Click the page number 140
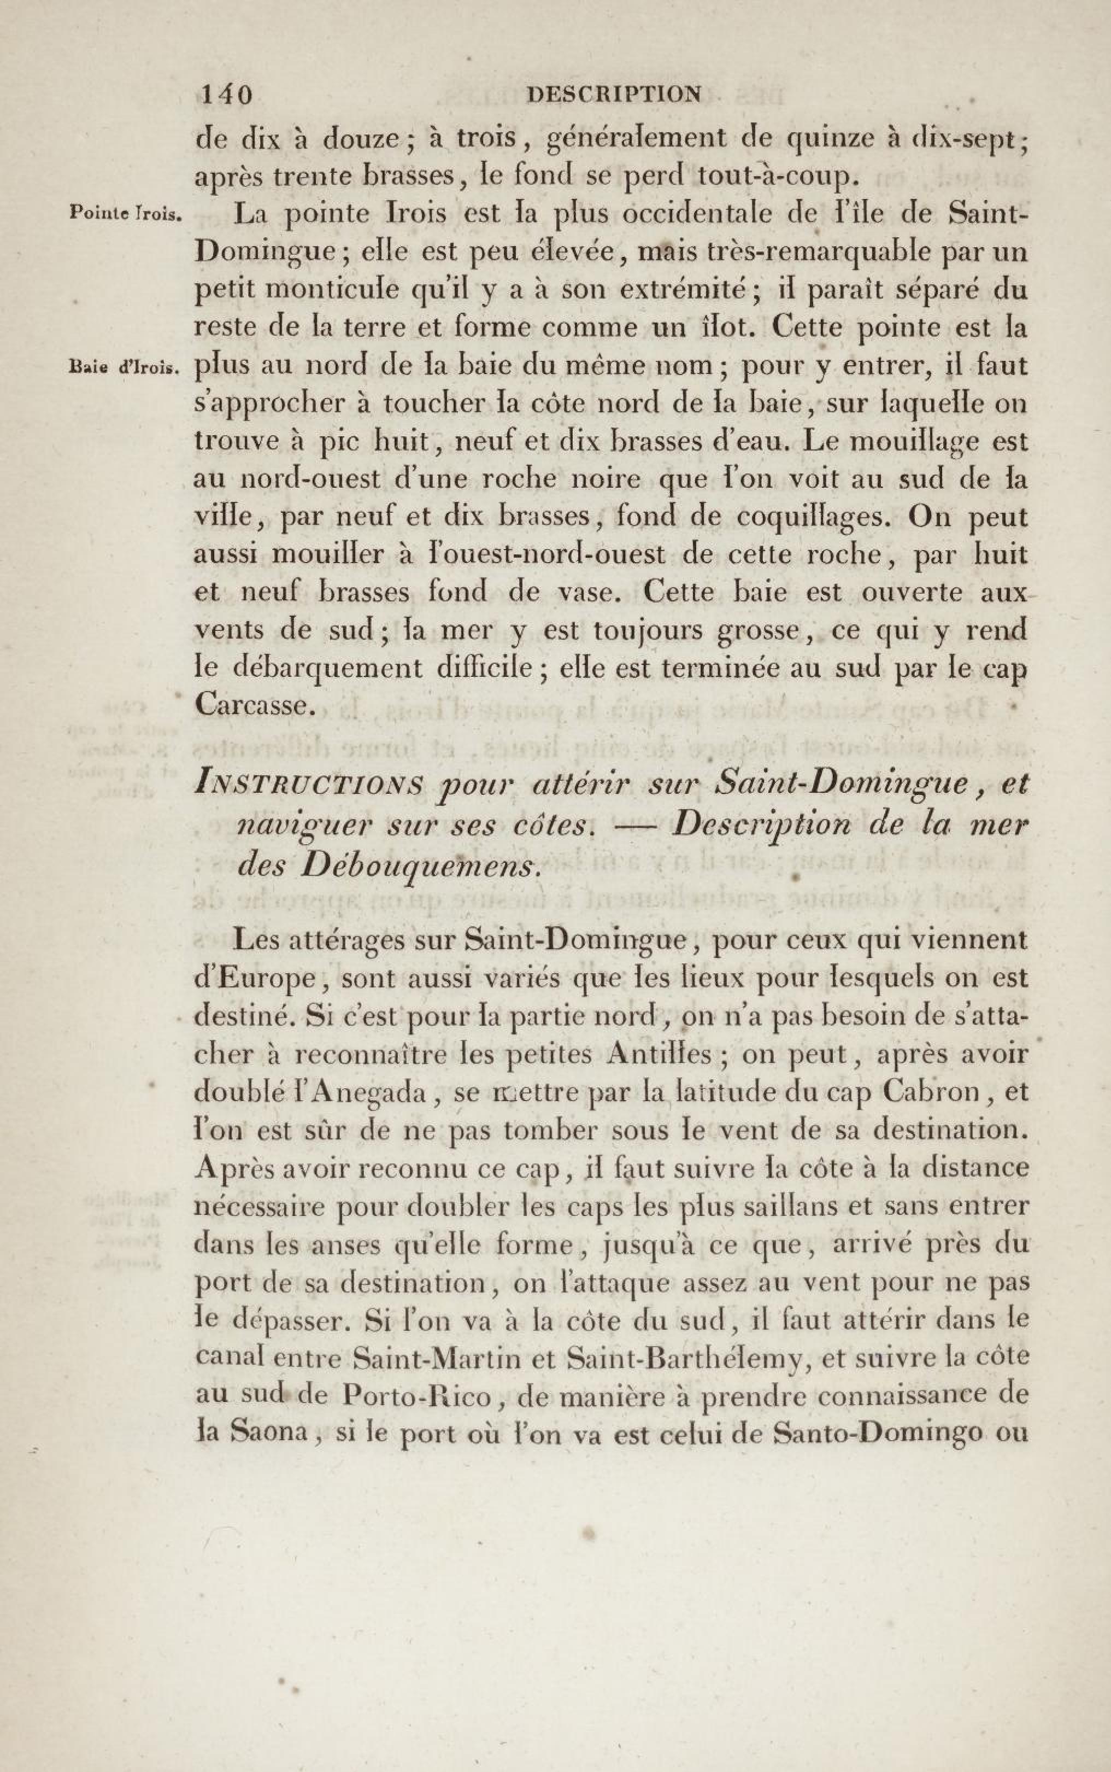226,94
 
